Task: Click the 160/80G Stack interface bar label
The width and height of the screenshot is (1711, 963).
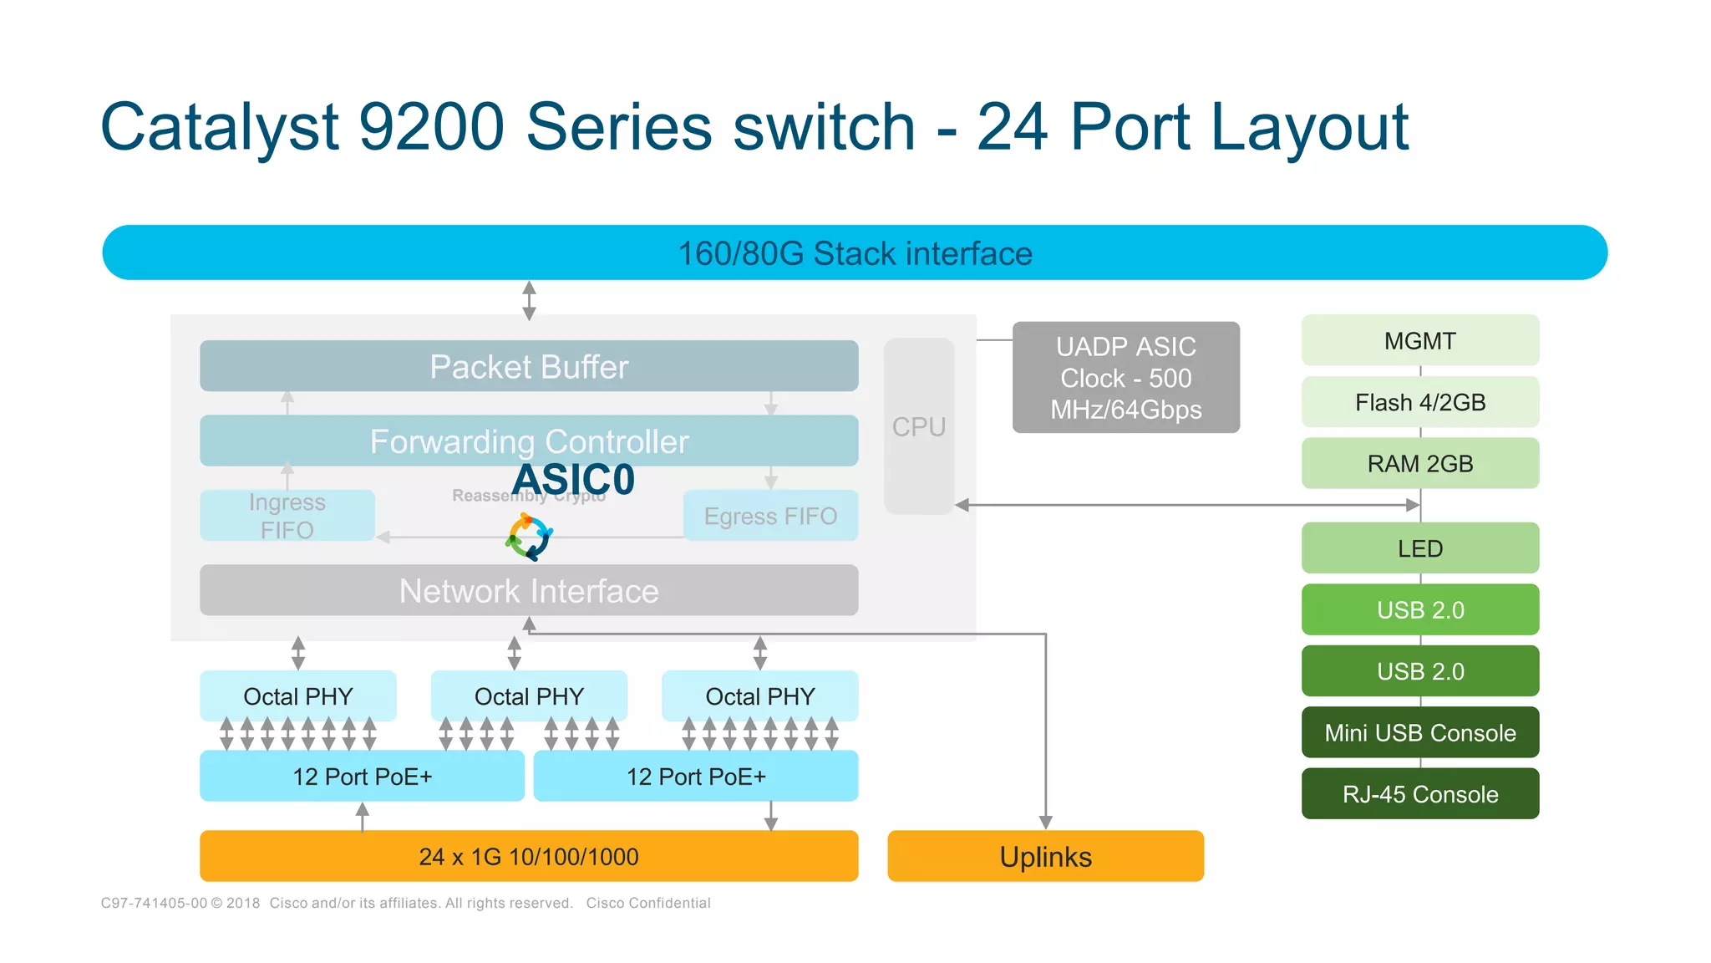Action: tap(855, 253)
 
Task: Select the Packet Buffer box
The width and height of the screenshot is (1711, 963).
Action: tap(529, 366)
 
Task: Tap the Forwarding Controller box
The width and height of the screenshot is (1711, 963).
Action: tap(529, 440)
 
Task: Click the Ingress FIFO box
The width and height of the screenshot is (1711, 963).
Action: tap(287, 516)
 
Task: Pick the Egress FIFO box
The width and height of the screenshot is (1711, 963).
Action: tap(770, 516)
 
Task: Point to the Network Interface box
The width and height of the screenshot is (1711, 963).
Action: tap(529, 590)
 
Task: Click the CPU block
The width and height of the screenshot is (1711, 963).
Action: tap(919, 426)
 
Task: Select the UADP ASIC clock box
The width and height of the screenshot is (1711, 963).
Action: tap(1125, 378)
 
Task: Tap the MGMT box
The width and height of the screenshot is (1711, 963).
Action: tap(1419, 340)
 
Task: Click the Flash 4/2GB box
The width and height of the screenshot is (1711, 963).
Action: tap(1419, 402)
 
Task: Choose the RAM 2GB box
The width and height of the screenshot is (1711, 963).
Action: tap(1419, 463)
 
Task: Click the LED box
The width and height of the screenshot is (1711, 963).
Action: tap(1419, 548)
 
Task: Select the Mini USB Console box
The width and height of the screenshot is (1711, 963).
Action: tap(1419, 732)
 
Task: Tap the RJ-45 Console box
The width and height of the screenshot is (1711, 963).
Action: tap(1419, 793)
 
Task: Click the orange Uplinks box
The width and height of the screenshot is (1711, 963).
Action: tap(1045, 856)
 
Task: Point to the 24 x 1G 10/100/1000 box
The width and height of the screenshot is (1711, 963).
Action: tap(529, 856)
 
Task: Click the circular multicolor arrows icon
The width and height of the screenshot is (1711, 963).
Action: tap(529, 538)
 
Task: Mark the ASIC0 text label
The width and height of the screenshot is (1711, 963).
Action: tap(573, 480)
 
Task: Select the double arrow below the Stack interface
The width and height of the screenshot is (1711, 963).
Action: tap(529, 301)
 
